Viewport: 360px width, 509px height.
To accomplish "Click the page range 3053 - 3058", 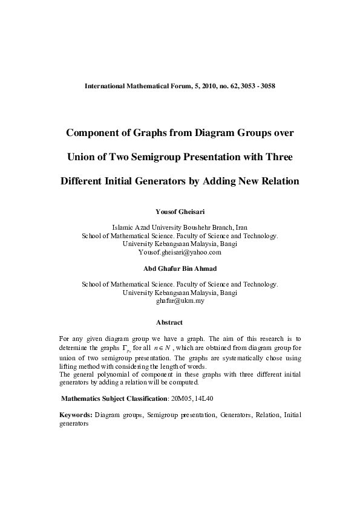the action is (x=258, y=86).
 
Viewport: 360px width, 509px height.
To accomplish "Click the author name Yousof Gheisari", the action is (x=180, y=212).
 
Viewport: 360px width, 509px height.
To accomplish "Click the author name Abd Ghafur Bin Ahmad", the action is (x=180, y=269).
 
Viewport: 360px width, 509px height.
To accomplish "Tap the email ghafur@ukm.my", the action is (x=180, y=300).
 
